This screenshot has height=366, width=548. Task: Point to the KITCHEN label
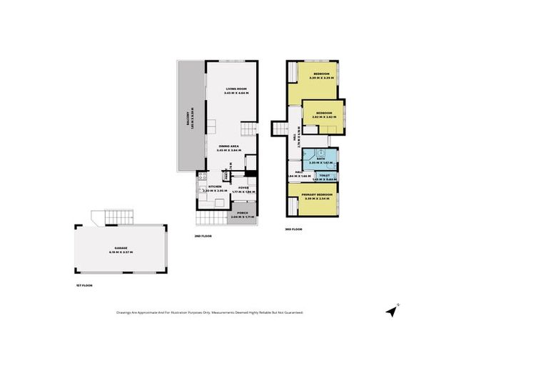[205, 187]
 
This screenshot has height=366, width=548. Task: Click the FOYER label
[243, 187]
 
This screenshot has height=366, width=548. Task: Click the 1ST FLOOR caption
[83, 285]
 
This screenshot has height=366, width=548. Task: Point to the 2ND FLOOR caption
[203, 235]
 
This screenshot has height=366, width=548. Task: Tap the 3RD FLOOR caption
[293, 229]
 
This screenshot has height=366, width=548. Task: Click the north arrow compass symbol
[391, 310]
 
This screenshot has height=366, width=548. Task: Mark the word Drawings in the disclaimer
[124, 312]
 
